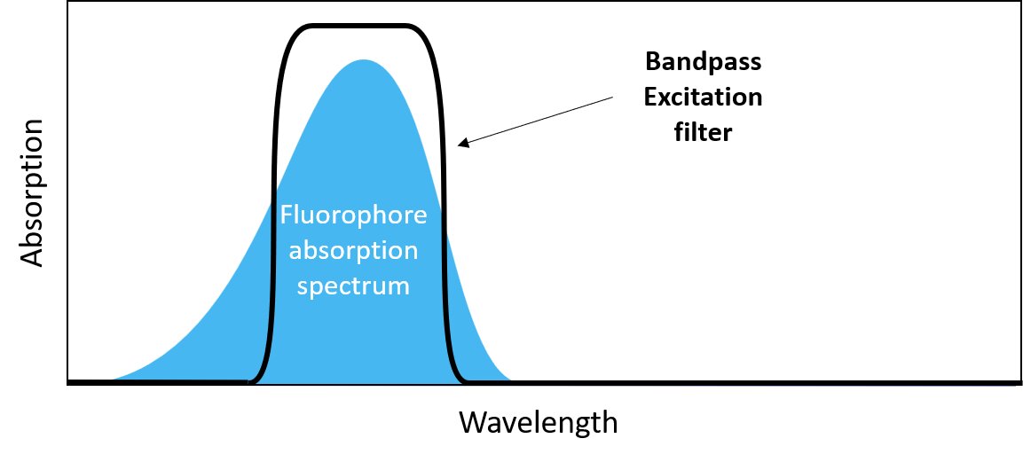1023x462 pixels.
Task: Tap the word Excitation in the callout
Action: tap(704, 98)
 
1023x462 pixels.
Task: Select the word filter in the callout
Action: tap(704, 132)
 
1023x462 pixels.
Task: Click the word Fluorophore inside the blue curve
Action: tap(353, 215)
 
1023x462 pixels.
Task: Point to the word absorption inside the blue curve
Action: tap(353, 251)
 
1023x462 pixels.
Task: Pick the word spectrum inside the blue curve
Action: tap(353, 286)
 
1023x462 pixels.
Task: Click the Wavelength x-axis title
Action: tap(538, 422)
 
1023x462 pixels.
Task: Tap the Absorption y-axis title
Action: tap(32, 192)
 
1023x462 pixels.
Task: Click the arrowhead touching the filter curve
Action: tap(461, 143)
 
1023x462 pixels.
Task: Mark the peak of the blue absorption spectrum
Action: tap(362, 61)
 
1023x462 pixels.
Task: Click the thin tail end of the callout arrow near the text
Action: tap(610, 98)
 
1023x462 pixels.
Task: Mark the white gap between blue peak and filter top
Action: tap(362, 43)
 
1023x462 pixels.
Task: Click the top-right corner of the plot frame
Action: tap(1019, 3)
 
